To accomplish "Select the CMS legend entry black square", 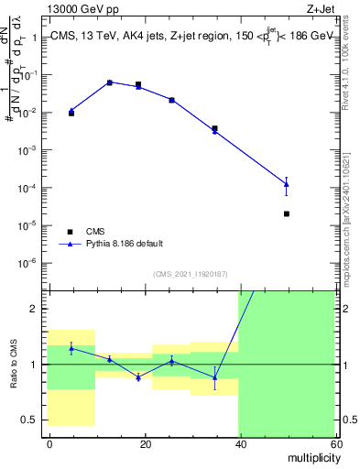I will (70, 231).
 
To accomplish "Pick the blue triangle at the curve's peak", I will (110, 82).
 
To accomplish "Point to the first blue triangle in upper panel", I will (71, 111).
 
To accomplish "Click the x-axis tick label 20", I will (145, 443).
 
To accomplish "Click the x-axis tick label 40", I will (240, 443).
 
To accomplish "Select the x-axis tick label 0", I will (49, 443).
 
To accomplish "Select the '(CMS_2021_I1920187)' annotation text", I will (191, 273).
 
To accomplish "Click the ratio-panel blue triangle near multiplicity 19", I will (138, 377).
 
